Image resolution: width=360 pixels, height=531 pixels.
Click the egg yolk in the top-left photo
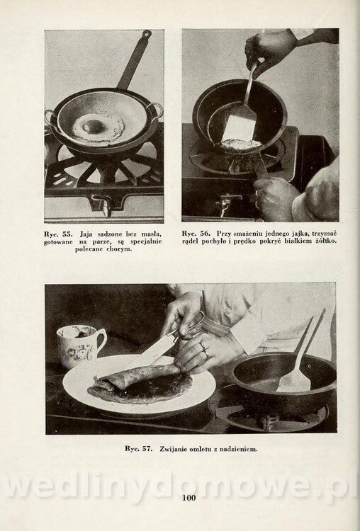[x=93, y=126]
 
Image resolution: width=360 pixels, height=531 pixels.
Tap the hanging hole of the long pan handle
[x=147, y=33]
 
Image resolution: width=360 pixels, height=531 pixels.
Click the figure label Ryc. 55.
[x=58, y=234]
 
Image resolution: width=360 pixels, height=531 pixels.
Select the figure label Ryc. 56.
[x=196, y=234]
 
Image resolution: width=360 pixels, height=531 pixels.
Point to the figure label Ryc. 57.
[x=138, y=449]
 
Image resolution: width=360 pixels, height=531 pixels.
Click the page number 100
[x=189, y=498]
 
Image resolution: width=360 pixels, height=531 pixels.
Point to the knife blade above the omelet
[x=149, y=353]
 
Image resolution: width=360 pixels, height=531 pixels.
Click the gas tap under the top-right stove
[x=226, y=204]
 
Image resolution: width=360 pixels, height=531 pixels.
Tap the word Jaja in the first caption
[x=86, y=234]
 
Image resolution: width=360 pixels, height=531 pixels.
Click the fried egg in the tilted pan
[x=241, y=144]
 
